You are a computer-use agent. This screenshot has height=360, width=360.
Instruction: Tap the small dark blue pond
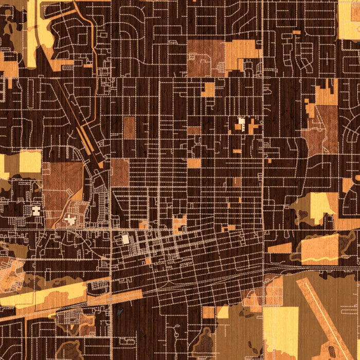coord(119,311)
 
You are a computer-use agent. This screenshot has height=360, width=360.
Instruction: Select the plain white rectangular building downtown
coord(125,239)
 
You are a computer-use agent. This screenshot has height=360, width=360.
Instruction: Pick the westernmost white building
coord(35,210)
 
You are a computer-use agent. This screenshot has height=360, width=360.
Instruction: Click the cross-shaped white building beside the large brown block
coord(70,220)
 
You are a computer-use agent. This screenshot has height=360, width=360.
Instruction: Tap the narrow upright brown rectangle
coord(129,128)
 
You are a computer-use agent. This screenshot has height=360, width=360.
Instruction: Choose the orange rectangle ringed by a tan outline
coord(319,248)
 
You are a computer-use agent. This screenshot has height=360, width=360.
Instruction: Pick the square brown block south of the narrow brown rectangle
coord(120,172)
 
